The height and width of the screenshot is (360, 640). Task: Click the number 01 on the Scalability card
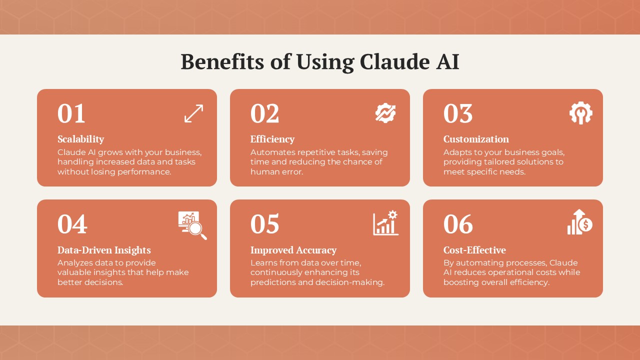pyautogui.click(x=71, y=113)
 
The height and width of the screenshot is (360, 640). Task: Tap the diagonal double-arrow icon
pyautogui.click(x=193, y=113)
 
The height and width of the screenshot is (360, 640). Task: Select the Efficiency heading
pyautogui.click(x=272, y=139)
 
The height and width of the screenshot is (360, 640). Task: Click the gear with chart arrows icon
pyautogui.click(x=385, y=113)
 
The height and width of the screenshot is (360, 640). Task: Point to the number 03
pyautogui.click(x=458, y=113)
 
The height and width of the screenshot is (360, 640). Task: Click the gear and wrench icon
pyautogui.click(x=581, y=113)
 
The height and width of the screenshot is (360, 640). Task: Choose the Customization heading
pyautogui.click(x=476, y=139)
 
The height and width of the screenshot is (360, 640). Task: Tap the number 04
pyautogui.click(x=72, y=224)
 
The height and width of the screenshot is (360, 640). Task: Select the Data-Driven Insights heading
pyautogui.click(x=104, y=250)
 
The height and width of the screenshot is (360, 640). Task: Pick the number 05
pyautogui.click(x=265, y=224)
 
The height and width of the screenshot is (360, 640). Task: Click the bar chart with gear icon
pyautogui.click(x=385, y=223)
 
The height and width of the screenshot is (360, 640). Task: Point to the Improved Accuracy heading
pyautogui.click(x=293, y=250)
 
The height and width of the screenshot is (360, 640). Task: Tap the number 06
pyautogui.click(x=458, y=224)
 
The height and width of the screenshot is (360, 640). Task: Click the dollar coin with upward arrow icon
pyautogui.click(x=580, y=222)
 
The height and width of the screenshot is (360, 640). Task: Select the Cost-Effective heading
pyautogui.click(x=474, y=250)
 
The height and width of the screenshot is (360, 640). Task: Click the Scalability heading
pyautogui.click(x=81, y=139)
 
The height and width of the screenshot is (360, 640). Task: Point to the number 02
pyautogui.click(x=265, y=113)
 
